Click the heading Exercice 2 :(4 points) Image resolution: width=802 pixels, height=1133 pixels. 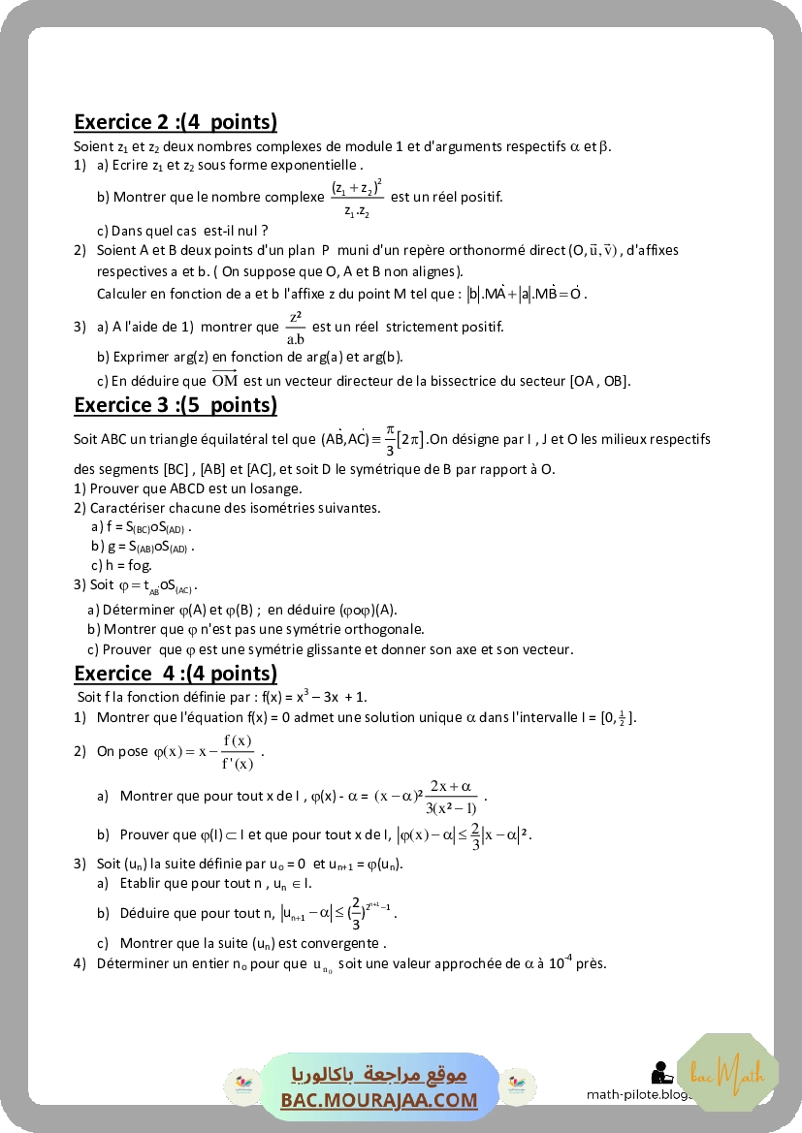click(x=176, y=122)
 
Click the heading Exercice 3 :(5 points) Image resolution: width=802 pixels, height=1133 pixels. click(x=176, y=405)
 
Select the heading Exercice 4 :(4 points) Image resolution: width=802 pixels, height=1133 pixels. click(x=176, y=673)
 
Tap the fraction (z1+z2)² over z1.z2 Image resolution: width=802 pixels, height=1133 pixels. click(x=356, y=198)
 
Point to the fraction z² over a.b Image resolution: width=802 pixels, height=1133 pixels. click(x=297, y=328)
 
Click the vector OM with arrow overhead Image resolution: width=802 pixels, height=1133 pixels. click(x=224, y=380)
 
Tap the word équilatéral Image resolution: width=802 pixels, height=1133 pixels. click(x=198, y=439)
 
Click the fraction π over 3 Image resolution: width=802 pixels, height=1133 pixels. click(x=390, y=439)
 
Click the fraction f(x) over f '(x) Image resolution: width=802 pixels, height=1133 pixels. click(x=237, y=752)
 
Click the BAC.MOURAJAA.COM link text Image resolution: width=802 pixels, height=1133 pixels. click(x=379, y=1100)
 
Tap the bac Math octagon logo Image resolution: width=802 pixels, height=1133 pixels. click(x=727, y=1074)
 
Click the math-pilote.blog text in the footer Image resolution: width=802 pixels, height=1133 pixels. click(x=640, y=1094)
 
